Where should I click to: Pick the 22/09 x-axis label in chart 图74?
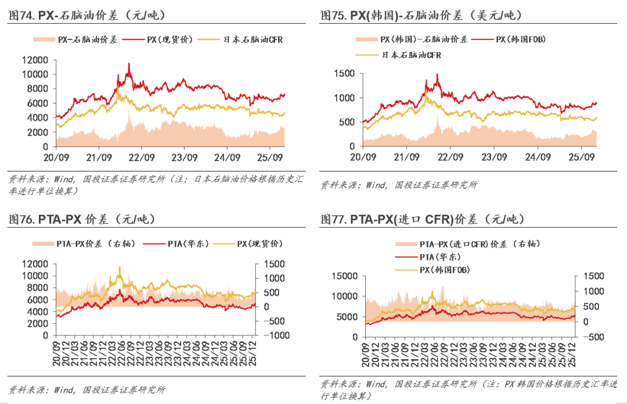coord(141,157)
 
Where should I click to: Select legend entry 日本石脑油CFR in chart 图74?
coord(253,40)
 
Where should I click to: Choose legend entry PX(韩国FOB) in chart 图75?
coord(520,40)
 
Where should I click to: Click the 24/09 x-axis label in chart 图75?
coord(538,157)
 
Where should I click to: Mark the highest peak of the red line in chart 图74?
coord(129,63)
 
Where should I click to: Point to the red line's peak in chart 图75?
coord(437,74)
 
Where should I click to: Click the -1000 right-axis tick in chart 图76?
coord(276,335)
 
